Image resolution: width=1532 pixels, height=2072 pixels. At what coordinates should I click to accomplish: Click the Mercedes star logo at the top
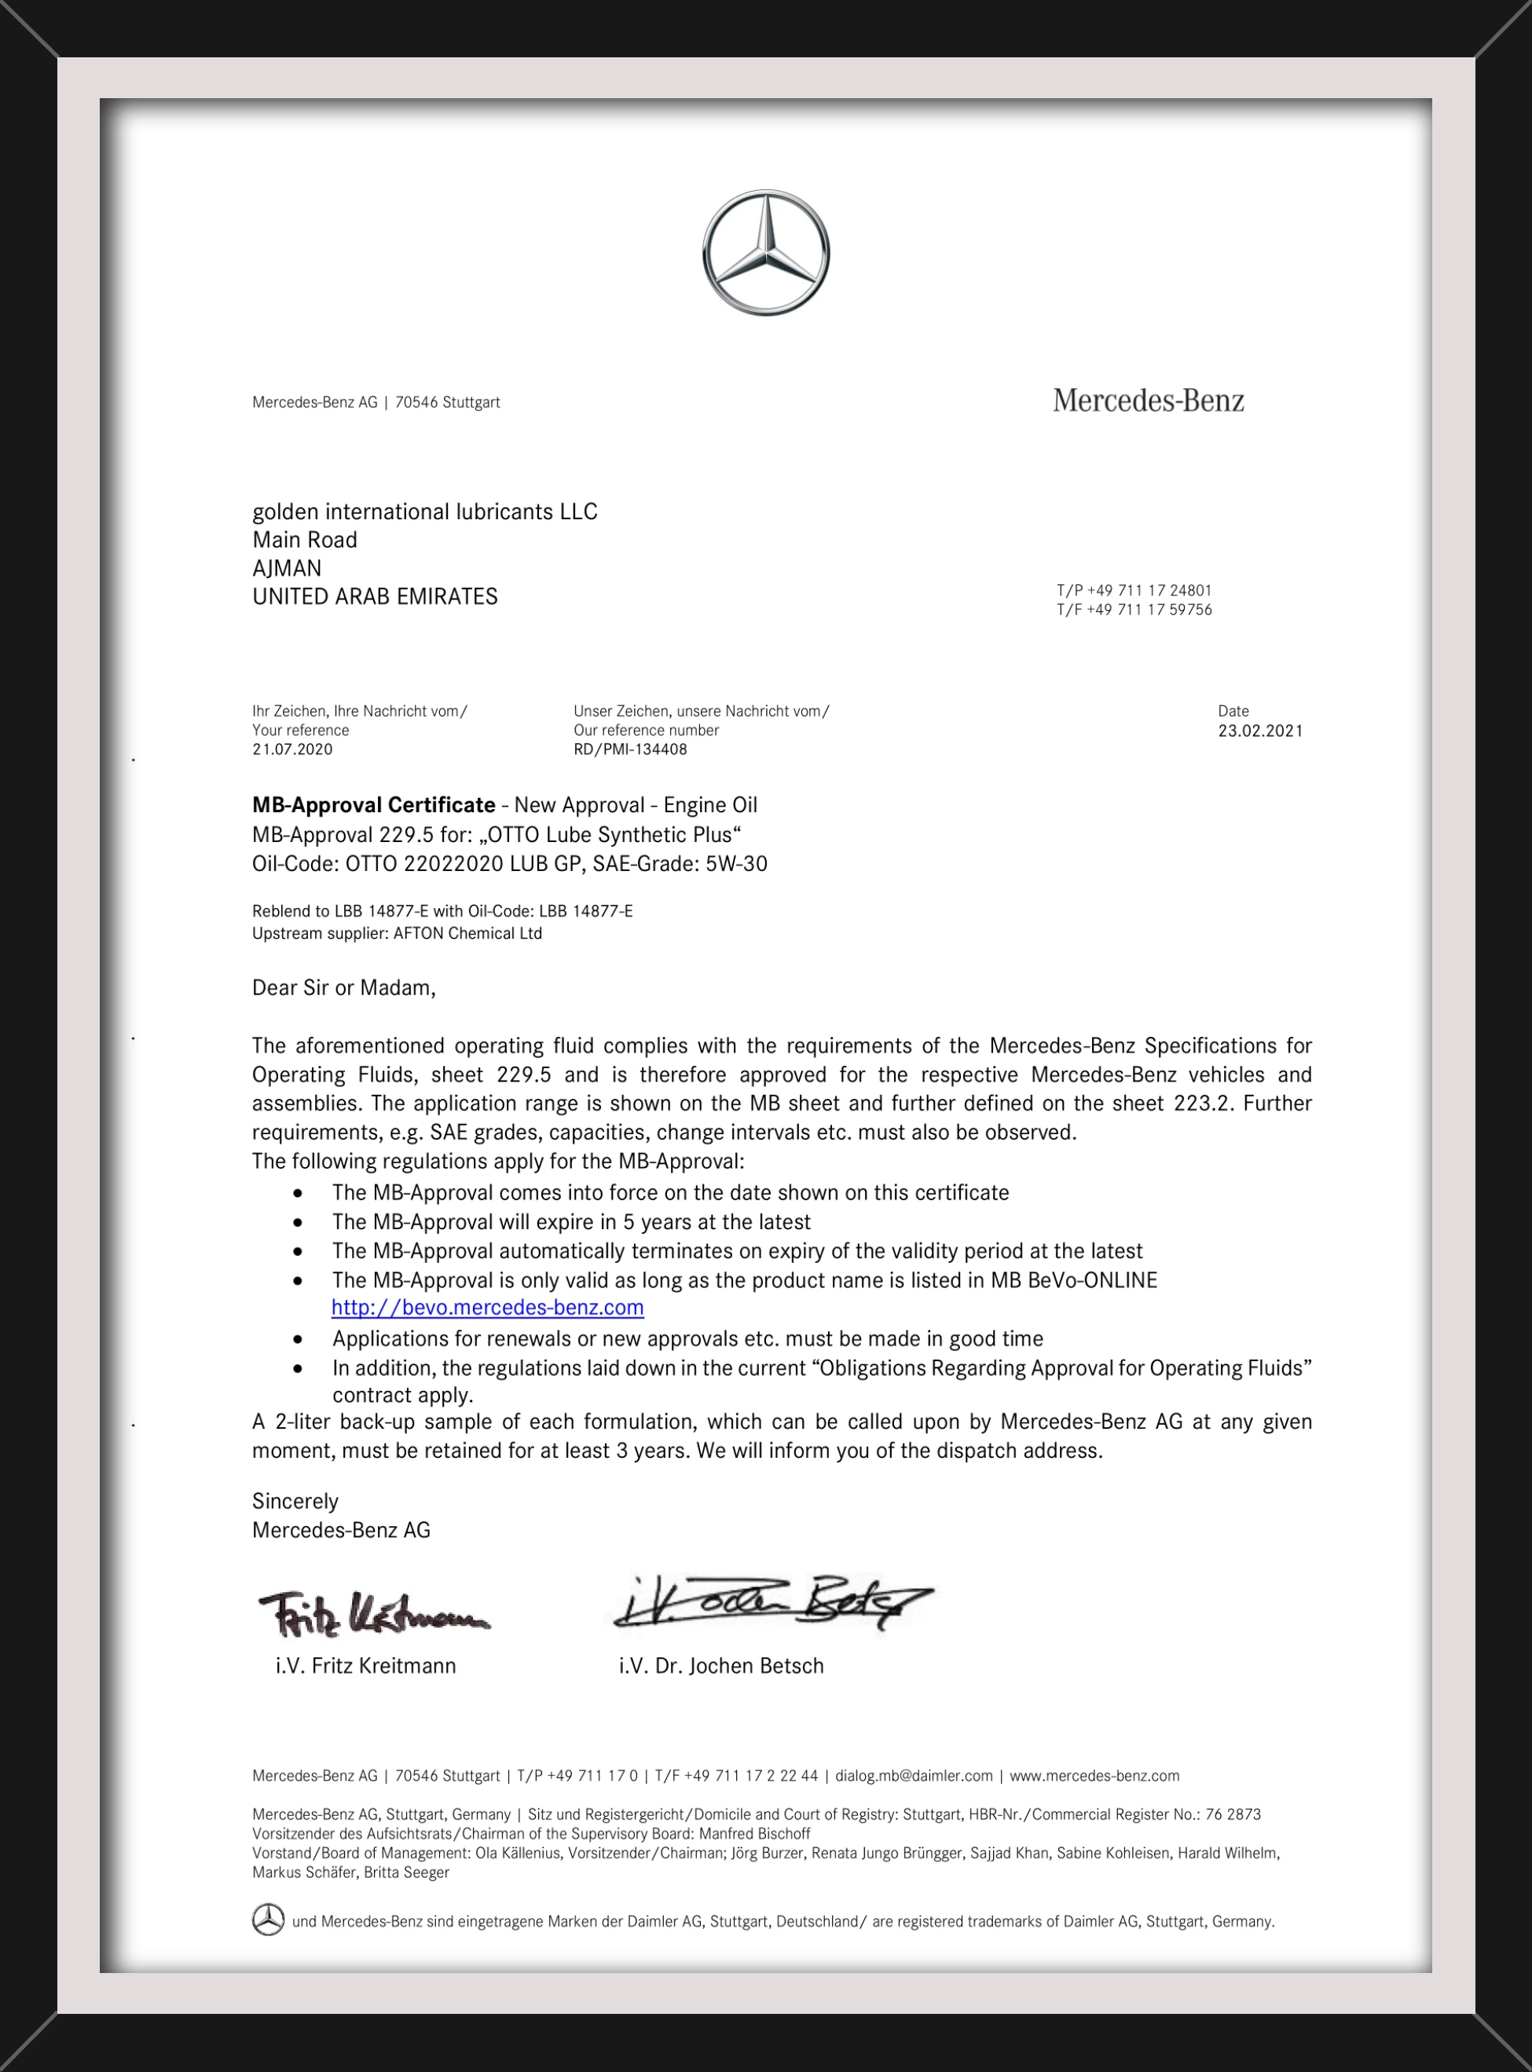[765, 253]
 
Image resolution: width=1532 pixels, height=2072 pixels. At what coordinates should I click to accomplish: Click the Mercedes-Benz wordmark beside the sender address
[1148, 401]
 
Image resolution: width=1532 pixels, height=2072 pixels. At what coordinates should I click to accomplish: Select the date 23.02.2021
[1260, 730]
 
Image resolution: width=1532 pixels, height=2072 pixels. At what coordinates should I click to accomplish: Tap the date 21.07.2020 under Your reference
[292, 749]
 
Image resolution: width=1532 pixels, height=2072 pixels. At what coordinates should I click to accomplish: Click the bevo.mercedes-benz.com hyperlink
[488, 1307]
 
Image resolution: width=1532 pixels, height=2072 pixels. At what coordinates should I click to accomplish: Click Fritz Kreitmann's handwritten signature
[371, 1614]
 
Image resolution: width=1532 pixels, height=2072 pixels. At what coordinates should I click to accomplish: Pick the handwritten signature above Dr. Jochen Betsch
[770, 1603]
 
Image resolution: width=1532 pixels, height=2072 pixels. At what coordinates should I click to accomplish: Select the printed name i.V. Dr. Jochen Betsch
[720, 1666]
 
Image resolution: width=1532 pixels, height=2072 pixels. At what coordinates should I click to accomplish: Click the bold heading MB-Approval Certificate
[374, 805]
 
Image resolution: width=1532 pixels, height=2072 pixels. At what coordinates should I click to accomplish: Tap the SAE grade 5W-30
[736, 864]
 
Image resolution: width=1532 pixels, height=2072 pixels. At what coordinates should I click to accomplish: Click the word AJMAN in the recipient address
[287, 569]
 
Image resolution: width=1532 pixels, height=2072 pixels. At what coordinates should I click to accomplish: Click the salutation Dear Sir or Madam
[343, 988]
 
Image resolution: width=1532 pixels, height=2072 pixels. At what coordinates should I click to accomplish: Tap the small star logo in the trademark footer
[268, 1920]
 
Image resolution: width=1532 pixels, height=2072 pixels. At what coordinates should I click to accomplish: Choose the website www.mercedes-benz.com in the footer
[1094, 1776]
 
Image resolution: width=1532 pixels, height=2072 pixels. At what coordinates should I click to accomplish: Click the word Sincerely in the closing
[295, 1501]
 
